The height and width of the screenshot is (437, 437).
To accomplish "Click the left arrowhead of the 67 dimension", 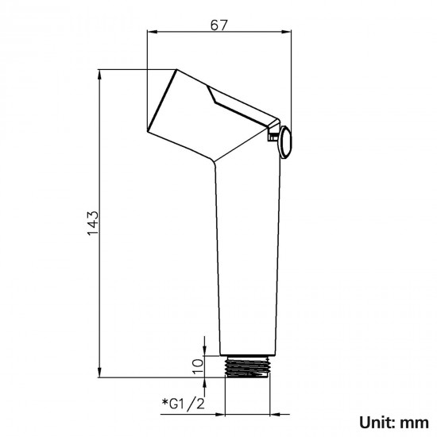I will tap(153, 33).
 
